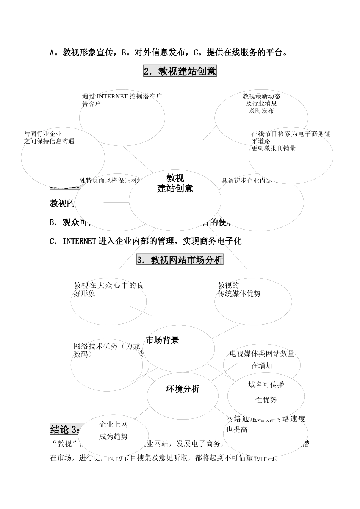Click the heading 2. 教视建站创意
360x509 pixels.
180,71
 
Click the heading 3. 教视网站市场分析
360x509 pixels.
180,260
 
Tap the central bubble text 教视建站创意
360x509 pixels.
175,183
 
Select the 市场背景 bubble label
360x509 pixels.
162,340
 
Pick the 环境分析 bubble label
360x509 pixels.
183,389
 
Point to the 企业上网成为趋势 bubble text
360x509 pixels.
113,430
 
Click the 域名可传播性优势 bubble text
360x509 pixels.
266,392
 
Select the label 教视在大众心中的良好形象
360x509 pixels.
108,289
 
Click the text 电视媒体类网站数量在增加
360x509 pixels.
262,359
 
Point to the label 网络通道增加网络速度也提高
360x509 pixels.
265,424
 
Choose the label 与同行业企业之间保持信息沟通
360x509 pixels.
49,137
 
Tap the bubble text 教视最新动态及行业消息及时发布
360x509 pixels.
261,103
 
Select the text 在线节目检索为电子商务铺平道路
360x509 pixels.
291,141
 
